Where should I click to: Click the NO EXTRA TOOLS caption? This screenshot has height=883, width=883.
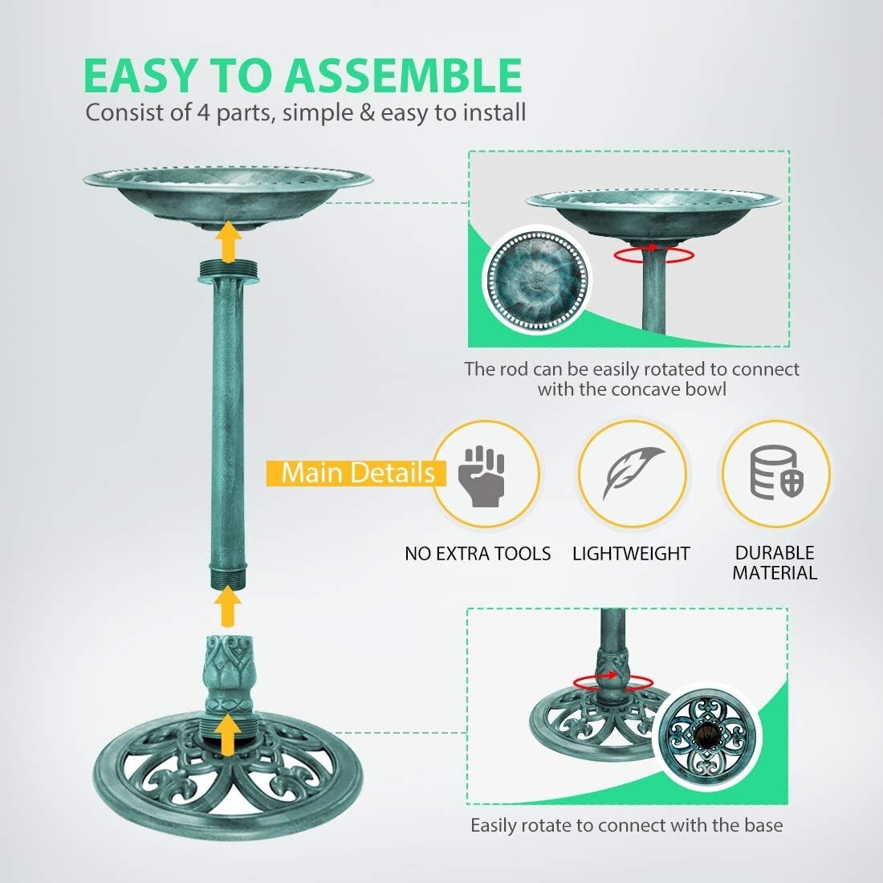[x=478, y=554]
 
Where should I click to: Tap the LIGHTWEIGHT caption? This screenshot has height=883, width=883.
[x=631, y=554]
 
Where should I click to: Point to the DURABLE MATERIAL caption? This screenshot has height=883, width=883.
[x=775, y=563]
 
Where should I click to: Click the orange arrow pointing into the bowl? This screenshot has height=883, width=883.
[x=230, y=242]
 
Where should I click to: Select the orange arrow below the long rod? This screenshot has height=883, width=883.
[x=230, y=606]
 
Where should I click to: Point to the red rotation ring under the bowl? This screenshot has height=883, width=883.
[x=653, y=254]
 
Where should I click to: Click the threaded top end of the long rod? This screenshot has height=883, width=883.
[x=229, y=273]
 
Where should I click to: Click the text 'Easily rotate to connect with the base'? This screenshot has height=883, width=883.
[x=626, y=825]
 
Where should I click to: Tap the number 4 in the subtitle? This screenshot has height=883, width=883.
[x=202, y=112]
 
